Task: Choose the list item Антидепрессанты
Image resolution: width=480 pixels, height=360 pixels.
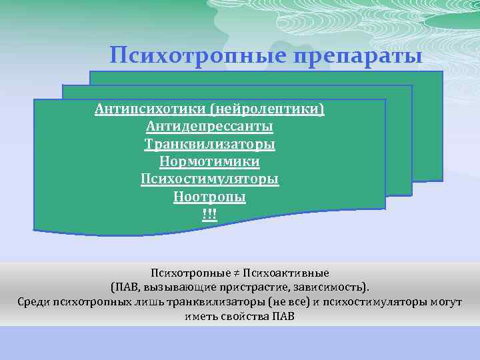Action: tap(210, 126)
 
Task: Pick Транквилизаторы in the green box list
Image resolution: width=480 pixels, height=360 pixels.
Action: tap(210, 144)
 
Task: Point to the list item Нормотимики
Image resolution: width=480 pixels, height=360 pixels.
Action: tap(210, 162)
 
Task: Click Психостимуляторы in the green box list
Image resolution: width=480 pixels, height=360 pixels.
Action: tap(210, 179)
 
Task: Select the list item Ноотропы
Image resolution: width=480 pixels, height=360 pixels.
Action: tap(210, 197)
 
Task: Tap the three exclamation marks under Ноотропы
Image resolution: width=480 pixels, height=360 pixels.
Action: tap(210, 215)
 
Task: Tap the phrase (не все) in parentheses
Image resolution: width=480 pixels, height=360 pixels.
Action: tap(284, 301)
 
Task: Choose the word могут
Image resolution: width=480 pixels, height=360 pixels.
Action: tap(446, 301)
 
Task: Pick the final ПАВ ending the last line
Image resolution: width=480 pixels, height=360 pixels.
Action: tap(284, 315)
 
